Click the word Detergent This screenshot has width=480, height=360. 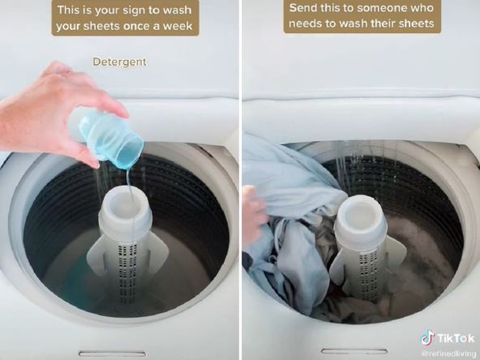click(120, 62)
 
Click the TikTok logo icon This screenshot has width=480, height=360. click(427, 338)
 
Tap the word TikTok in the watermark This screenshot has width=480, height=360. click(456, 339)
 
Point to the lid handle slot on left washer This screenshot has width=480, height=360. click(112, 354)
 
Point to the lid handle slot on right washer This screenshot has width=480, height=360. click(354, 351)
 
